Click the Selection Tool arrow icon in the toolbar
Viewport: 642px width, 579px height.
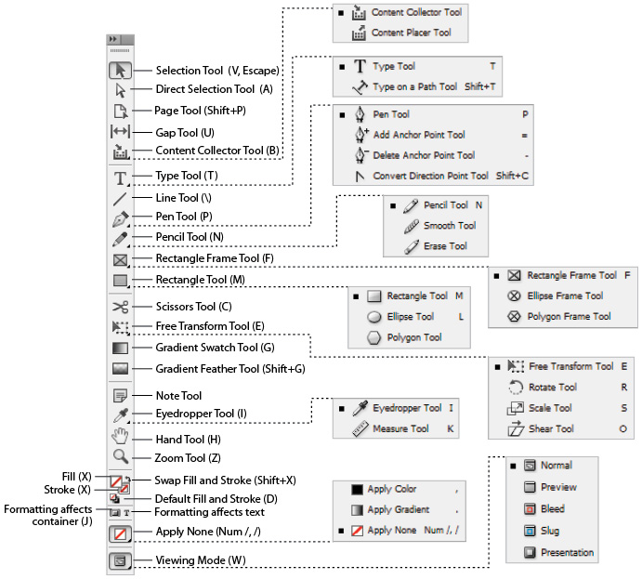pyautogui.click(x=120, y=70)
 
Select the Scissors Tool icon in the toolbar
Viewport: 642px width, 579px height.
pyautogui.click(x=120, y=306)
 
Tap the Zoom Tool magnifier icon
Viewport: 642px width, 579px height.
pyautogui.click(x=120, y=456)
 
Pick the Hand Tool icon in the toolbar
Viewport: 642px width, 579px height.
pyautogui.click(x=120, y=437)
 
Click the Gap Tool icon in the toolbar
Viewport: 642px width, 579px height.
pyautogui.click(x=120, y=131)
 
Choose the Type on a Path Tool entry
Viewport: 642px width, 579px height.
pyautogui.click(x=414, y=87)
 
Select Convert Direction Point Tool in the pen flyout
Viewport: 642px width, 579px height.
pyautogui.click(x=430, y=176)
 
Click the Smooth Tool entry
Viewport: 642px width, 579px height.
pyautogui.click(x=450, y=226)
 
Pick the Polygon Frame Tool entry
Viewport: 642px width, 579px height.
pyautogui.click(x=569, y=317)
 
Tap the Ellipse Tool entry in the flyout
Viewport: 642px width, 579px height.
pyautogui.click(x=410, y=317)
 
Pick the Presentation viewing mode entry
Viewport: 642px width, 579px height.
pyautogui.click(x=567, y=553)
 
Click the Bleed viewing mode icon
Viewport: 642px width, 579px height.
pyautogui.click(x=531, y=509)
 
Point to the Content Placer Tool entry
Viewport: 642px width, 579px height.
pyautogui.click(x=411, y=33)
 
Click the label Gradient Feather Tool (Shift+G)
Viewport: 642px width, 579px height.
pyautogui.click(x=230, y=369)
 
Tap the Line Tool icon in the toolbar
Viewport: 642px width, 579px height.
pyautogui.click(x=120, y=199)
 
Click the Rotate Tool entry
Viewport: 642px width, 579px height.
pyautogui.click(x=553, y=388)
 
